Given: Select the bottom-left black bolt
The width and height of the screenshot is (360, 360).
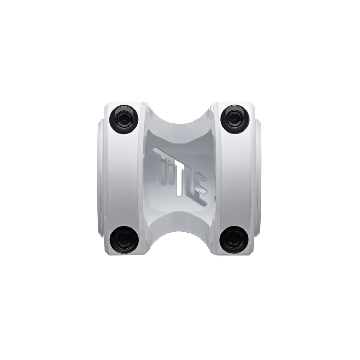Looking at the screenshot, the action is click(x=124, y=240).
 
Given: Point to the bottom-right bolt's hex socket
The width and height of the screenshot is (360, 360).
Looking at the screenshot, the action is click(x=234, y=240).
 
